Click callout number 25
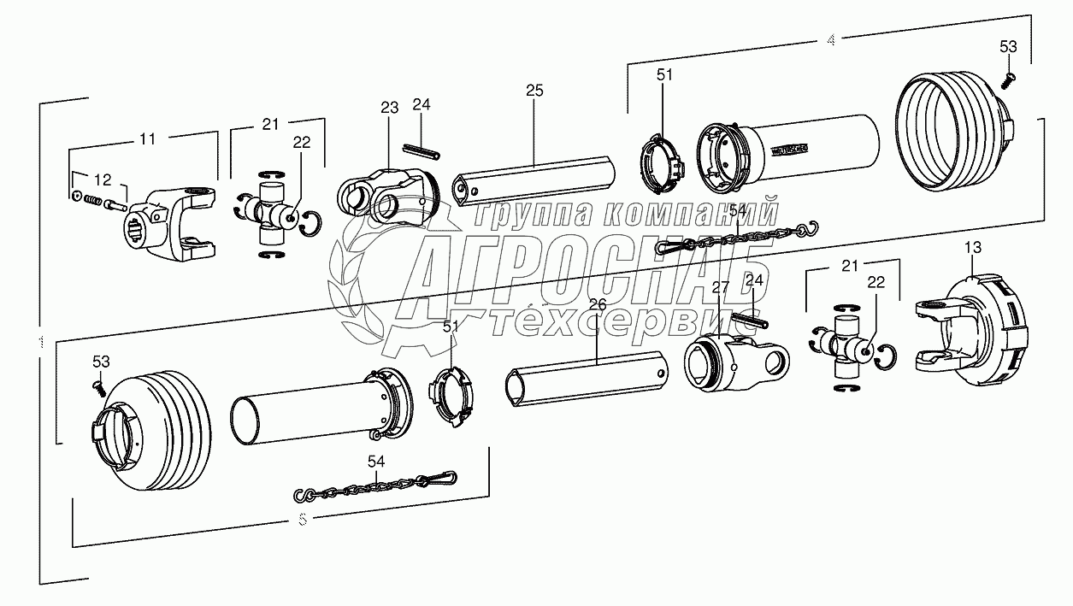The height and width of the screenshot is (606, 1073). (534, 90)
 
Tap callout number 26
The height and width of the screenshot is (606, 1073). (597, 304)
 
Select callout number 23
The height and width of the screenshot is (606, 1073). (390, 108)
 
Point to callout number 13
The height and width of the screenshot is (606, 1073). (973, 247)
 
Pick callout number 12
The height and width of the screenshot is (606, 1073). (103, 179)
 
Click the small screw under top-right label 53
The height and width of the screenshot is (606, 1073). (1008, 78)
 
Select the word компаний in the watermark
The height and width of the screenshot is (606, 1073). (693, 214)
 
